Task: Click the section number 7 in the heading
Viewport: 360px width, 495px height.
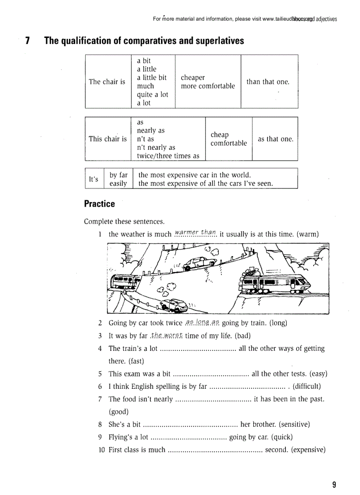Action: click(x=27, y=41)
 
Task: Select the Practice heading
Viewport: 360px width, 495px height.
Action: click(x=99, y=204)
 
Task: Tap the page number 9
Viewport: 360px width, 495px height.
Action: click(x=334, y=485)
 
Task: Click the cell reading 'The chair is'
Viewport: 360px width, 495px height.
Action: click(x=107, y=82)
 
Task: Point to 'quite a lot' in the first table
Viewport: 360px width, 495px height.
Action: click(x=152, y=94)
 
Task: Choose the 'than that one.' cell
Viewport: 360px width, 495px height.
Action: click(x=268, y=82)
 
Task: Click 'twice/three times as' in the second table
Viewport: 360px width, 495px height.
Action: click(x=168, y=156)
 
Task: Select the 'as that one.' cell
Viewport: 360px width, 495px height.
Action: click(x=275, y=139)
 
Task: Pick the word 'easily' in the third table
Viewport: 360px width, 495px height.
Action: click(x=118, y=183)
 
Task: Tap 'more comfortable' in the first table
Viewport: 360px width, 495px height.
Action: click(x=208, y=86)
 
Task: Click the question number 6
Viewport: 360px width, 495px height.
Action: click(x=100, y=387)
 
